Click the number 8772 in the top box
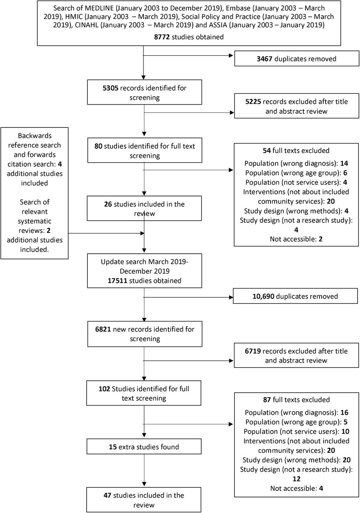[162, 37]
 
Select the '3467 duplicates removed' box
[297, 59]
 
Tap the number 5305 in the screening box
[110, 88]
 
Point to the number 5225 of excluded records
[253, 102]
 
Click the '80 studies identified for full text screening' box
[144, 150]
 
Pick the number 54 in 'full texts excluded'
[267, 150]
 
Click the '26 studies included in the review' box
[144, 208]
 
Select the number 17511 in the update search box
[117, 281]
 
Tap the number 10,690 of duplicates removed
[263, 296]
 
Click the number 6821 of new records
[103, 329]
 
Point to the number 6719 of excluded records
[253, 351]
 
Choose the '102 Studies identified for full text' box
[144, 393]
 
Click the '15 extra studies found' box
[144, 446]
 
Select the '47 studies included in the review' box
[144, 500]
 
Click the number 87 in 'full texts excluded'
[267, 400]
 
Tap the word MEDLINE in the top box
[99, 8]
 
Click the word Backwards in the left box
[35, 136]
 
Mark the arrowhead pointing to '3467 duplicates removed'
[231, 55]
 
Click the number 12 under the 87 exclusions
[296, 479]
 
